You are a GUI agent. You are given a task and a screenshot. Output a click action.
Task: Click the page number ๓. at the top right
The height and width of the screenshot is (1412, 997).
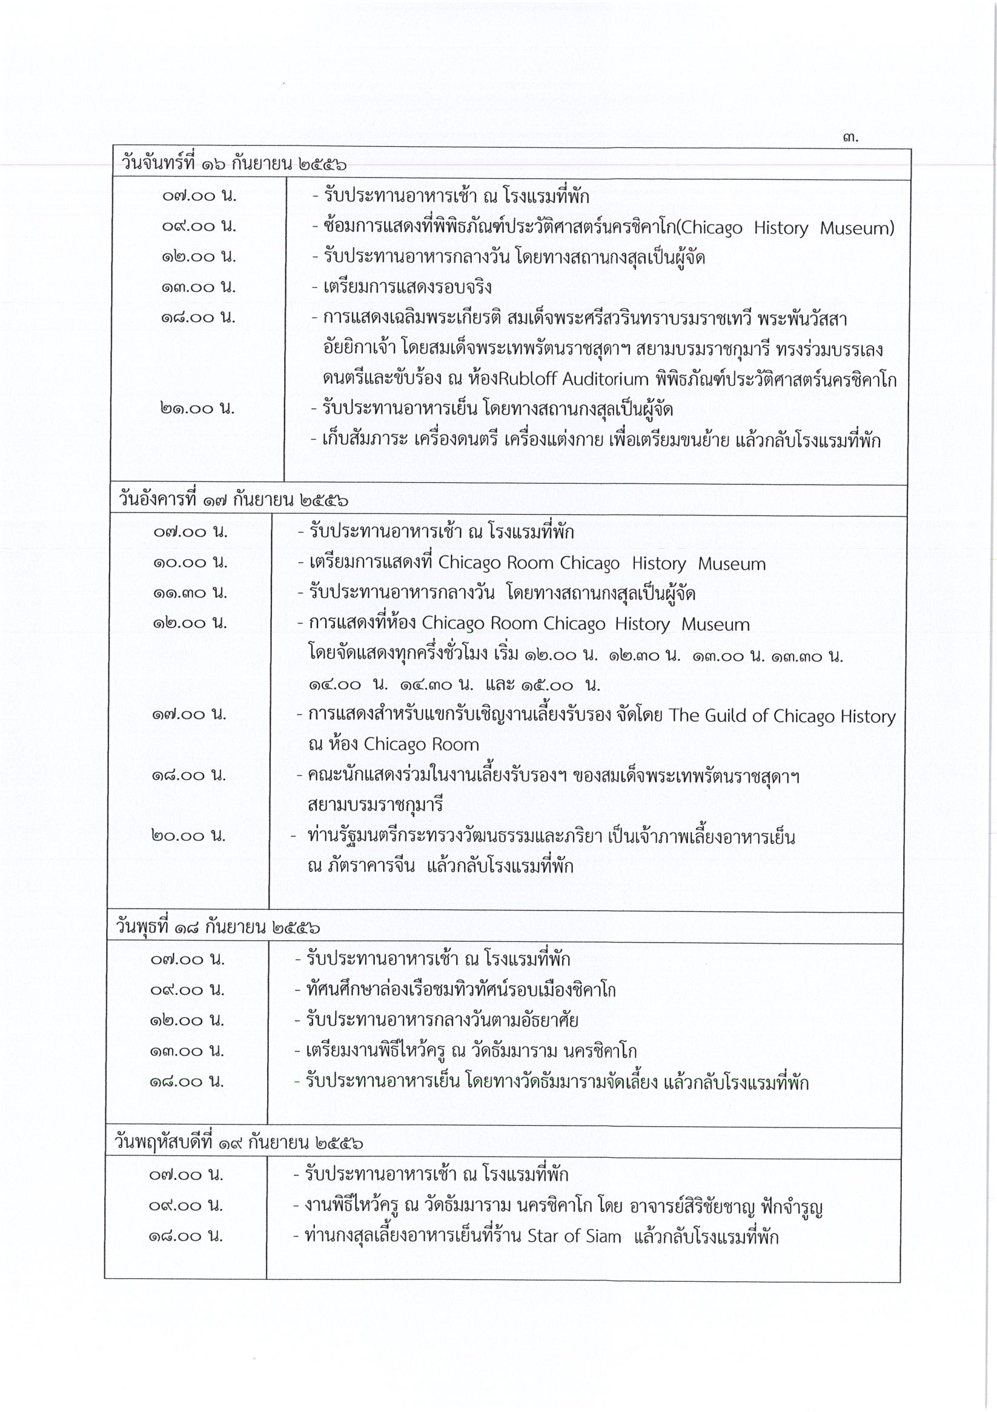[x=850, y=138]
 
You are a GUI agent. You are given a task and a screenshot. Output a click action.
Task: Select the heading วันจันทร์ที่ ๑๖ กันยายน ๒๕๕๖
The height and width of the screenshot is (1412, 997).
[x=234, y=165]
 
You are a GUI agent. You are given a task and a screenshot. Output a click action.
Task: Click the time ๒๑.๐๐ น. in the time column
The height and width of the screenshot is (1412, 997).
[x=198, y=408]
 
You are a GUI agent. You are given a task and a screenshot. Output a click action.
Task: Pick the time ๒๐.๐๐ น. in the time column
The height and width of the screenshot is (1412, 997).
[x=188, y=835]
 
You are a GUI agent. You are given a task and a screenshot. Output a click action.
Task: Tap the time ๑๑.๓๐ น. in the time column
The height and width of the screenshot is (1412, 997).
[x=190, y=593]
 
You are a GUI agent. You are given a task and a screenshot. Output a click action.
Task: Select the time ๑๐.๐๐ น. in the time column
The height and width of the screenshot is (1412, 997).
[x=190, y=562]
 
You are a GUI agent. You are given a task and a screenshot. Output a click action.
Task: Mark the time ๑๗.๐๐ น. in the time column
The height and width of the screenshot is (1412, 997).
[x=190, y=715]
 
